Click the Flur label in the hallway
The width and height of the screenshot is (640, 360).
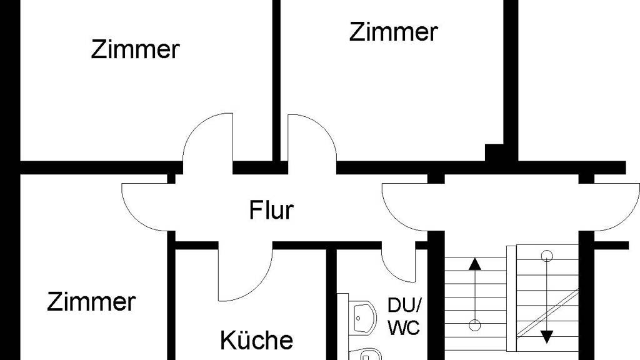tap(271, 211)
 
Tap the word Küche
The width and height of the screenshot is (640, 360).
tap(256, 341)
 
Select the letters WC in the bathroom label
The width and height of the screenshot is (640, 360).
tap(404, 327)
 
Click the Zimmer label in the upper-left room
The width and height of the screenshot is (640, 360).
tap(135, 49)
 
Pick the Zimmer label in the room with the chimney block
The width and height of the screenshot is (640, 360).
tap(392, 32)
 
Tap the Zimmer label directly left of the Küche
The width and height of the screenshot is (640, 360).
tap(91, 302)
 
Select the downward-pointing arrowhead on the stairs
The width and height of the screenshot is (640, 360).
tap(547, 336)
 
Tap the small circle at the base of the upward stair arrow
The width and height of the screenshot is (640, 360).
tap(475, 324)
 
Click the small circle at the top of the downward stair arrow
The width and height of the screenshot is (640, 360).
tap(547, 255)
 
